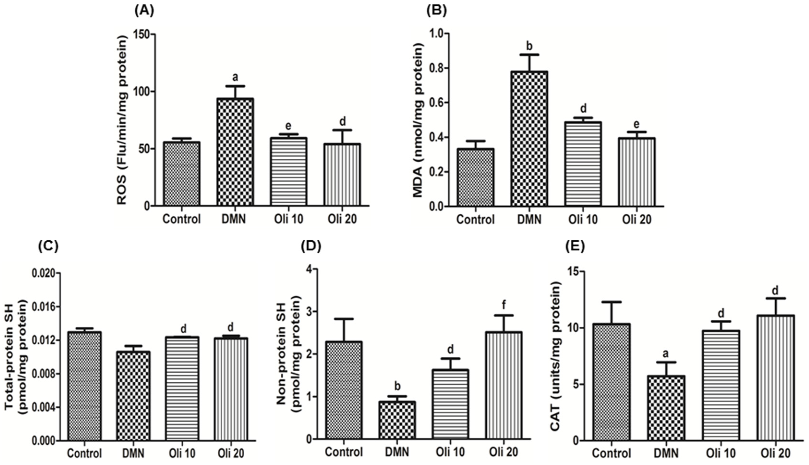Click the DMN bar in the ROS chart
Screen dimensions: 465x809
pyautogui.click(x=235, y=152)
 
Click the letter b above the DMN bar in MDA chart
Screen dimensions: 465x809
pyautogui.click(x=529, y=46)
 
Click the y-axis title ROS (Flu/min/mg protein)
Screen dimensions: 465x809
pyautogui.click(x=122, y=120)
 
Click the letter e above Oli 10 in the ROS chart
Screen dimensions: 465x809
pyautogui.click(x=288, y=126)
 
